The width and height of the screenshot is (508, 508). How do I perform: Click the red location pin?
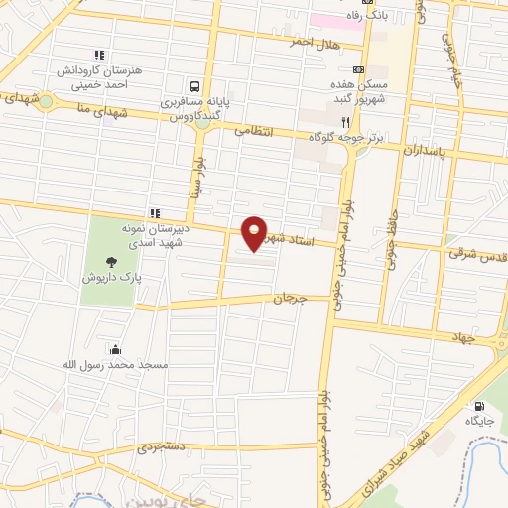click(254, 233)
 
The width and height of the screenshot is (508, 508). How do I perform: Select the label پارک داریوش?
click(114, 279)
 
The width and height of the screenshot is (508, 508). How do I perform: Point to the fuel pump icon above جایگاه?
click(480, 406)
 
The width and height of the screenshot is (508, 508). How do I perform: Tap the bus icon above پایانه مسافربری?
click(195, 86)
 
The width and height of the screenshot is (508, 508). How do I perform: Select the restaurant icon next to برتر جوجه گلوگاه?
click(344, 122)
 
